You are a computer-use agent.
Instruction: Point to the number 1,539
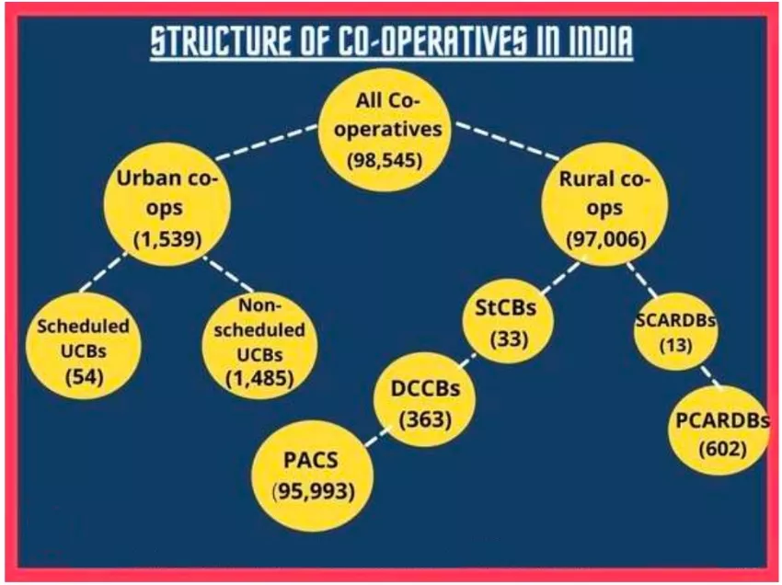tap(167, 242)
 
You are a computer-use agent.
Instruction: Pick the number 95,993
tap(313, 490)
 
